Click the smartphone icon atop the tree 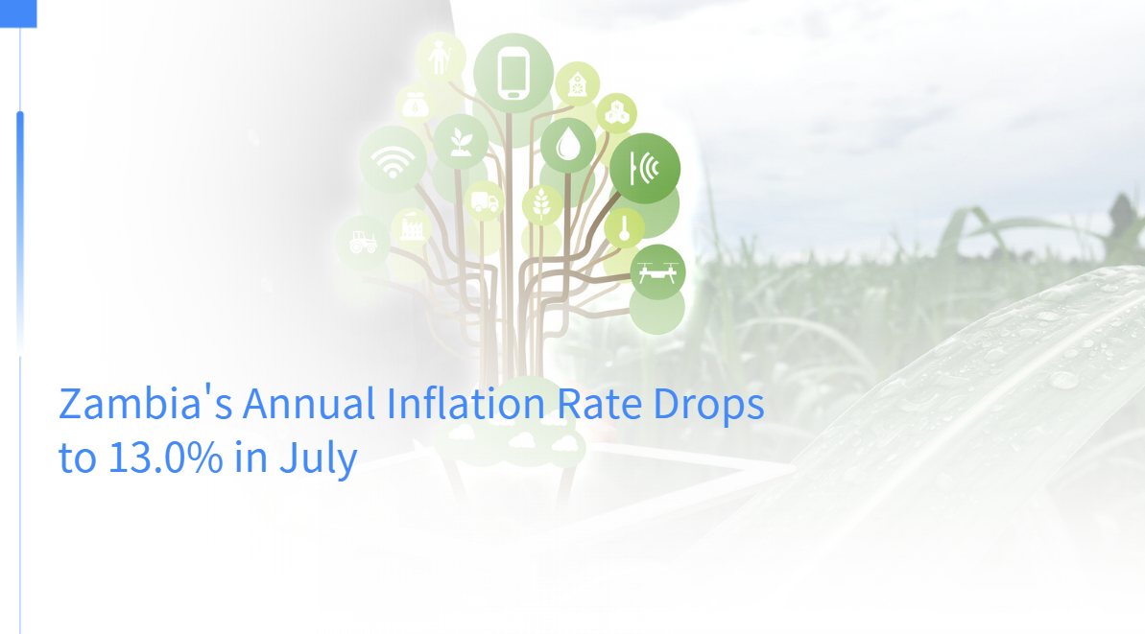click(513, 73)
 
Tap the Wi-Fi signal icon click(393, 161)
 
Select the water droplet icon click(568, 144)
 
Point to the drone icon click(657, 272)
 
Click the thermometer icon click(625, 228)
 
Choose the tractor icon click(363, 242)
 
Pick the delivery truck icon click(484, 200)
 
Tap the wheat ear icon click(541, 203)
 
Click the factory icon click(412, 227)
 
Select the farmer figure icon click(441, 57)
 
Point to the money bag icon click(415, 106)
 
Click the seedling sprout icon click(460, 142)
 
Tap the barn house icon click(577, 83)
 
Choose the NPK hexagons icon click(617, 113)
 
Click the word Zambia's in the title click(145, 404)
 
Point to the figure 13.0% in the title click(166, 458)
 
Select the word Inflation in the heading click(465, 403)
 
